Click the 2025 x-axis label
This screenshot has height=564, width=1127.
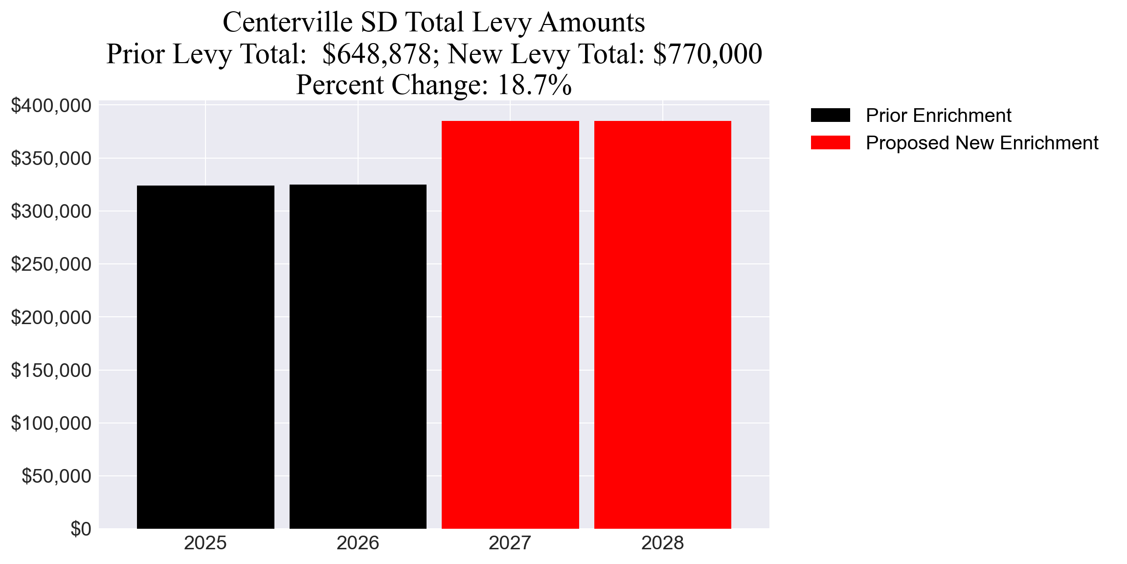pos(205,543)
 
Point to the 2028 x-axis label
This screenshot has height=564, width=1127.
pos(662,543)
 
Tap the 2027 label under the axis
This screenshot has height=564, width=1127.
pos(510,543)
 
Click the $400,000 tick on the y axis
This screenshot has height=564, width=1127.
pos(51,105)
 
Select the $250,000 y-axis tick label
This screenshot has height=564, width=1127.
pos(51,264)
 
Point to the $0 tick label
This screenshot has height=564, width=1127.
pos(81,529)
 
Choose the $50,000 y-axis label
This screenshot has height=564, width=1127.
pos(56,476)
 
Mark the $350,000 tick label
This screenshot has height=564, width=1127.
pos(51,159)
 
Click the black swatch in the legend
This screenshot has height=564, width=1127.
pos(830,115)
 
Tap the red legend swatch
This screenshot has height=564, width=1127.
pos(830,142)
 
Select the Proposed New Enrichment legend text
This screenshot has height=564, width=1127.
pos(982,143)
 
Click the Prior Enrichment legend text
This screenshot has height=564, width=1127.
pos(938,116)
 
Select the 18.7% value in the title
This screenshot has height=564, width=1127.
pos(534,85)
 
